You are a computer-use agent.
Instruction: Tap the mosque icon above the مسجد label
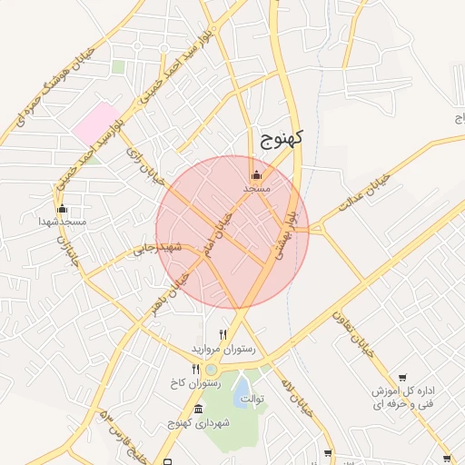point(257,174)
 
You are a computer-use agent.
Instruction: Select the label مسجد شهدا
point(63,222)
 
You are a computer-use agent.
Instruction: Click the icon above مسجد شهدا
point(63,209)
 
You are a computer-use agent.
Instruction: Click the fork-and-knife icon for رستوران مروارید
point(223,334)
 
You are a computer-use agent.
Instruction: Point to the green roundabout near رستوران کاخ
point(212,369)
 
